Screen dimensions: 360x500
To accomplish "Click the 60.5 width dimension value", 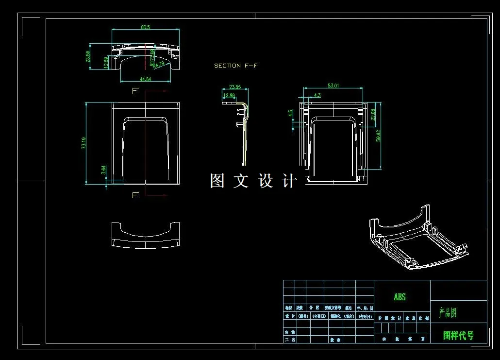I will pyautogui.click(x=146, y=27).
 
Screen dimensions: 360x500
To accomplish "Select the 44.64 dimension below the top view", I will pyautogui.click(x=145, y=79).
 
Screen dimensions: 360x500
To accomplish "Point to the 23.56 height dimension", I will pyautogui.click(x=88, y=57).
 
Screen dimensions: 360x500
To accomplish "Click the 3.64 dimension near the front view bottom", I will pyautogui.click(x=103, y=170).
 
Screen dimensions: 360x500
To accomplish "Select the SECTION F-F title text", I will pyautogui.click(x=235, y=66).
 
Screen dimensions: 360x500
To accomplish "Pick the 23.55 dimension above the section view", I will pyautogui.click(x=235, y=87).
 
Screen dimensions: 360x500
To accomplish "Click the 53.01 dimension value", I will pyautogui.click(x=333, y=86).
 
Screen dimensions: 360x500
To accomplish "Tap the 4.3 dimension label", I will pyautogui.click(x=317, y=95).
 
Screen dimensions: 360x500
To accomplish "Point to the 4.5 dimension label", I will pyautogui.click(x=291, y=113).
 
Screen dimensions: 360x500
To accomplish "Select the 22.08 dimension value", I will pyautogui.click(x=373, y=115).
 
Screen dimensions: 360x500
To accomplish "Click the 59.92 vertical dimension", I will pyautogui.click(x=379, y=136).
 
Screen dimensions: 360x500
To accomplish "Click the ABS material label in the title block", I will pyautogui.click(x=400, y=297).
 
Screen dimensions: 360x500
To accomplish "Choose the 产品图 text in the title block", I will pyautogui.click(x=448, y=313).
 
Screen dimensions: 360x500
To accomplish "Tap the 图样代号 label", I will pyautogui.click(x=458, y=335).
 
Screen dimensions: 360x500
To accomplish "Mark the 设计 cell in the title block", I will pyautogui.click(x=289, y=316).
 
